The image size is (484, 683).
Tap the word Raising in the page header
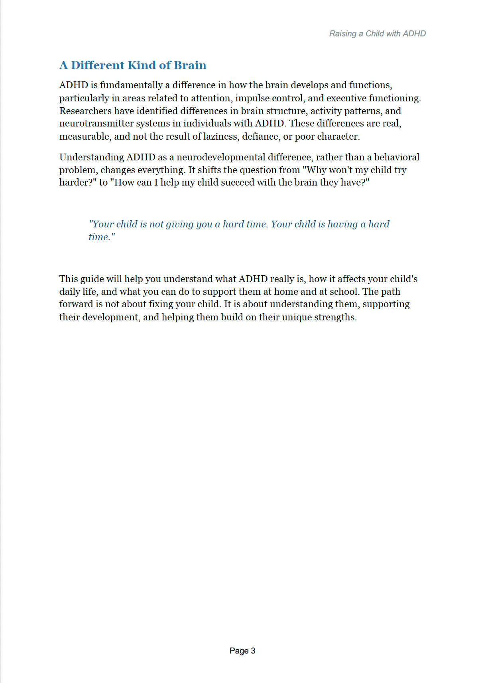click(342, 34)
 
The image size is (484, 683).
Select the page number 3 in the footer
click(253, 651)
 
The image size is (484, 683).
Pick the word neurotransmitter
click(96, 123)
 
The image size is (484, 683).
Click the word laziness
click(220, 136)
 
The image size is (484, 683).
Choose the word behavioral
click(397, 157)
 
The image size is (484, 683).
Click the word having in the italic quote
click(342, 224)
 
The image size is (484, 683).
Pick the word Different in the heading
click(98, 65)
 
